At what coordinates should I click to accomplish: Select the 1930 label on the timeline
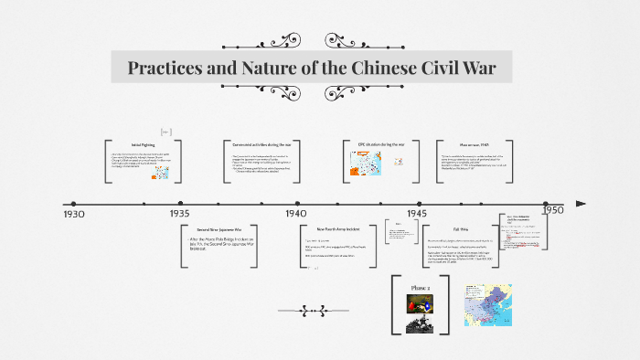coord(75,214)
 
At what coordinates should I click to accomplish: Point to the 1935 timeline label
coord(179,213)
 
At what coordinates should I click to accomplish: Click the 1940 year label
coord(295,213)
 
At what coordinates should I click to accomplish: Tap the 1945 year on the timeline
coord(418,213)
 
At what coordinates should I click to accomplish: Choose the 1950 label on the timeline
coord(552,209)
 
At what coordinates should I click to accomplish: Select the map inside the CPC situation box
coord(367,163)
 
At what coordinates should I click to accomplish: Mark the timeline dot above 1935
coord(180,204)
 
